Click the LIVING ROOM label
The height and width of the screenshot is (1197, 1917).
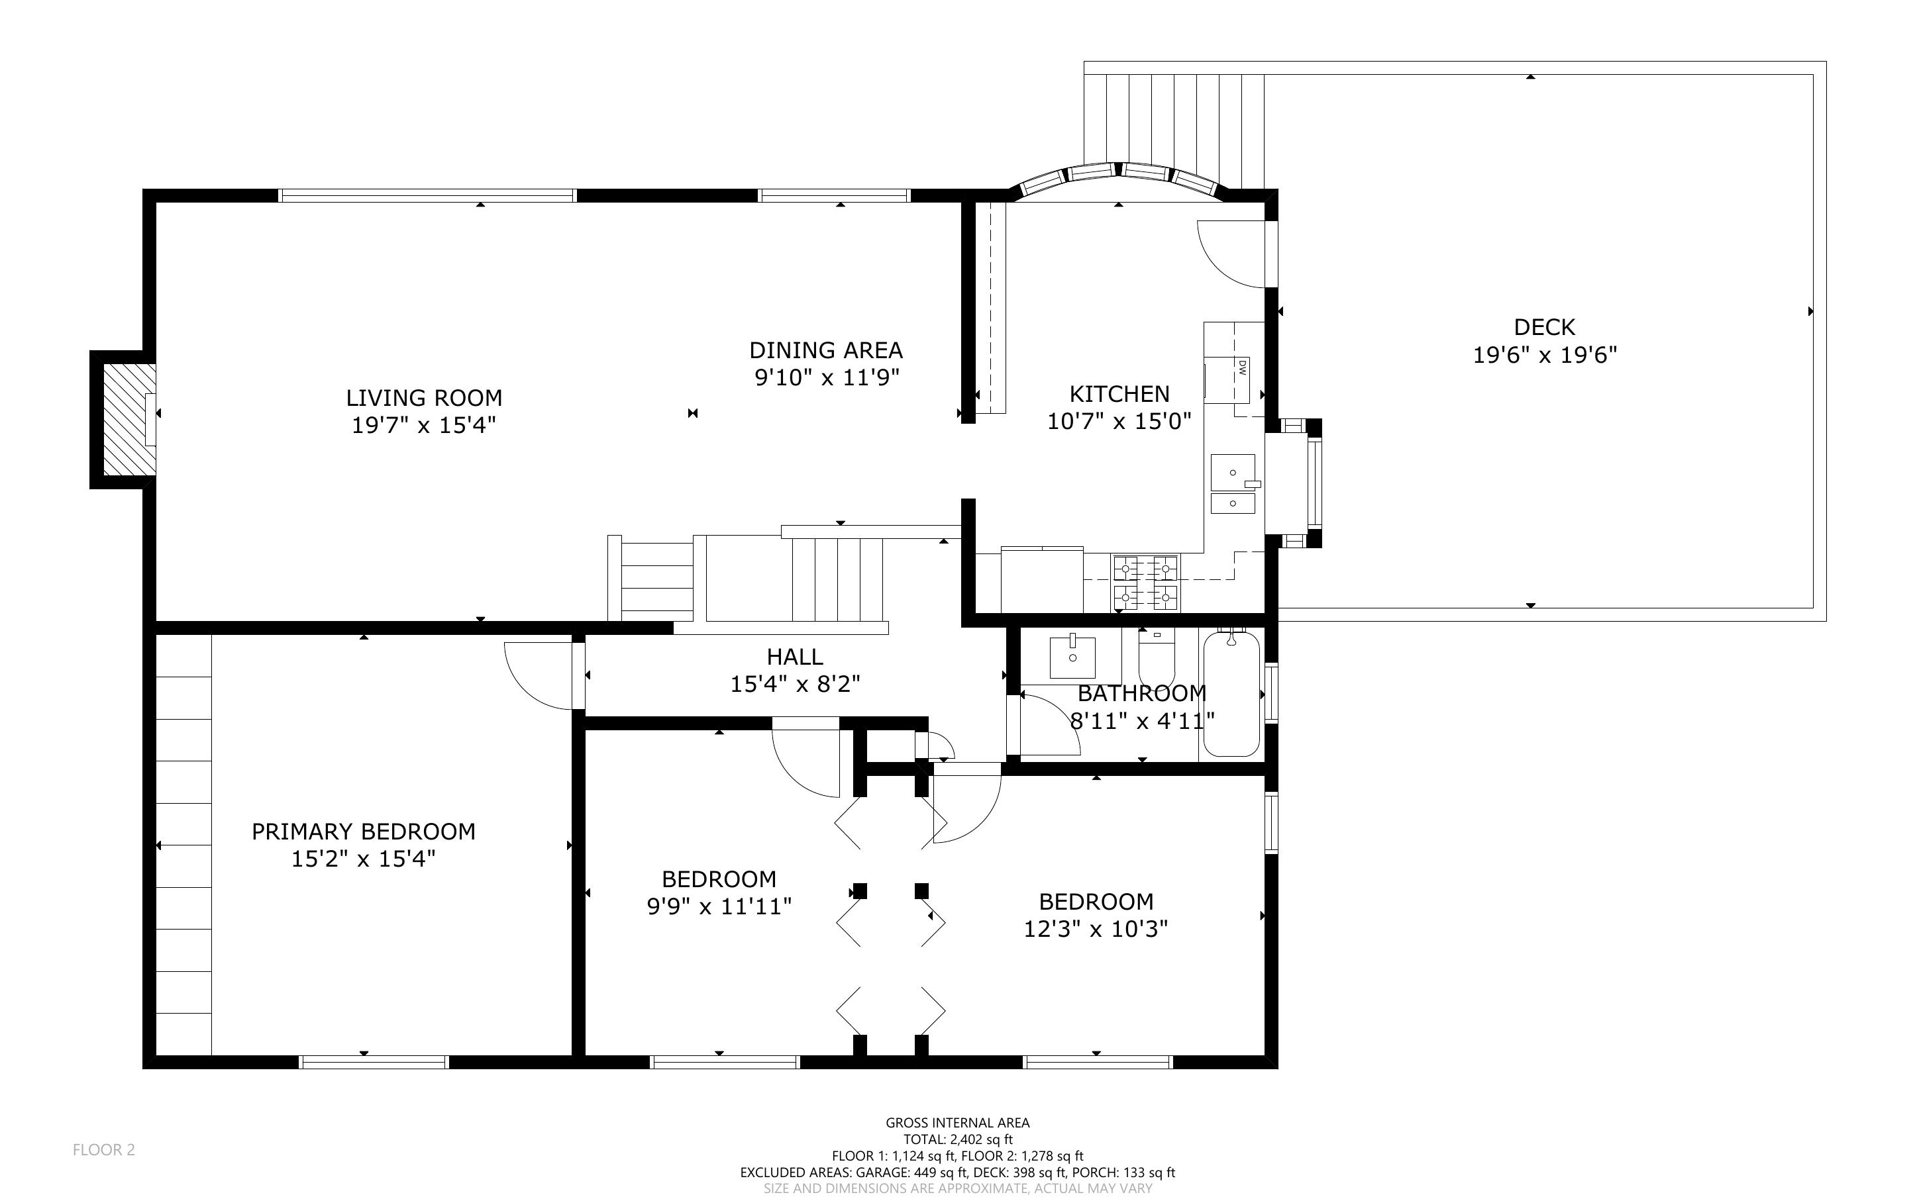pyautogui.click(x=424, y=397)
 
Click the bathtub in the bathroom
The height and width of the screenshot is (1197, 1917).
pyautogui.click(x=1231, y=693)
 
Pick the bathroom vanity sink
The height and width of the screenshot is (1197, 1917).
pyautogui.click(x=1072, y=657)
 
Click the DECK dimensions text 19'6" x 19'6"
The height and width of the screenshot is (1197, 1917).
pyautogui.click(x=1544, y=355)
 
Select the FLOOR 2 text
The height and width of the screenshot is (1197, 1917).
pyautogui.click(x=104, y=1149)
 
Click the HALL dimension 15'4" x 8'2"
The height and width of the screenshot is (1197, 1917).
pyautogui.click(x=795, y=684)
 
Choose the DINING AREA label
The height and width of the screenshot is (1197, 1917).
pyautogui.click(x=826, y=350)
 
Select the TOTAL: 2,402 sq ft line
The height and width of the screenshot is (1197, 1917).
pyautogui.click(x=958, y=1139)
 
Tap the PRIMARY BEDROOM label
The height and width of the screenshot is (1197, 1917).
pyautogui.click(x=364, y=832)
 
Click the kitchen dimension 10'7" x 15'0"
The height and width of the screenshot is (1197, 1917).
pyautogui.click(x=1119, y=421)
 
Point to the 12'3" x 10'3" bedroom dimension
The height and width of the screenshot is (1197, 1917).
pyautogui.click(x=1096, y=929)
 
